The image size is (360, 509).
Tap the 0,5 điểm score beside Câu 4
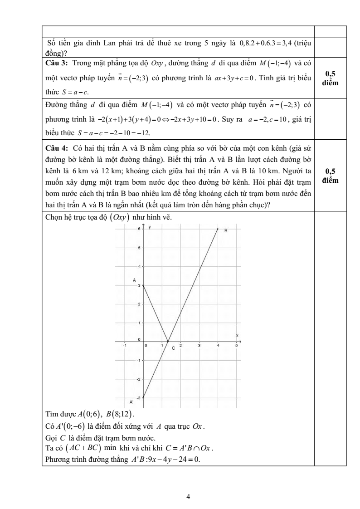coord(334,176)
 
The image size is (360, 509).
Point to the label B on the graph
coord(225,230)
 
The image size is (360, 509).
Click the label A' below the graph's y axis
coord(131,402)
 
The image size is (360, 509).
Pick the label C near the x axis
coord(173,348)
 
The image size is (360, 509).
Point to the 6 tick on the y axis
coord(139,230)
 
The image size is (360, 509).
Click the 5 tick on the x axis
coord(236,346)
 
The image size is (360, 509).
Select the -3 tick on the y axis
coord(139,398)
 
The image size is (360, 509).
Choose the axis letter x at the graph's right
coord(237,335)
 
